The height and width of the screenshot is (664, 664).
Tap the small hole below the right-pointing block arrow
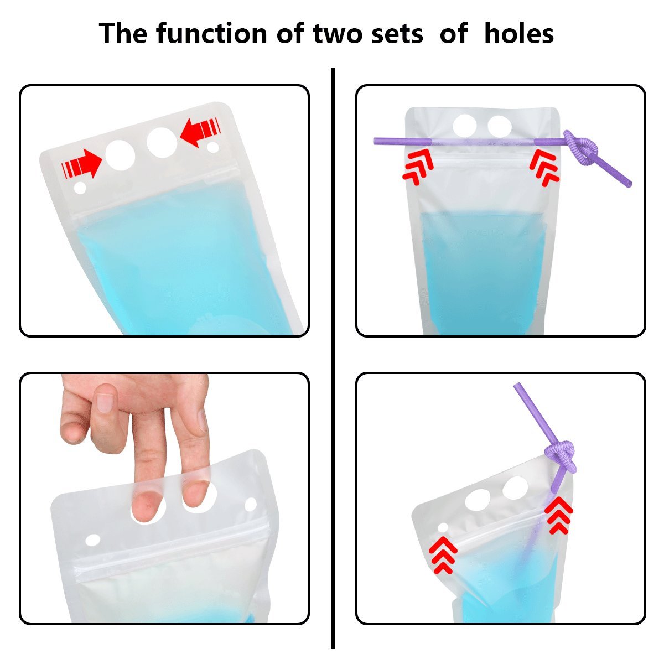pyautogui.click(x=80, y=188)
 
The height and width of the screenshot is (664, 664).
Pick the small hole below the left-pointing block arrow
pyautogui.click(x=212, y=148)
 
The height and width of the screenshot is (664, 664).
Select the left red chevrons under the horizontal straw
pyautogui.click(x=417, y=165)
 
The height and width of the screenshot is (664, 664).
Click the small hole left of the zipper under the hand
pyautogui.click(x=92, y=539)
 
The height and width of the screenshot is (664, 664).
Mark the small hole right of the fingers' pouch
pyautogui.click(x=250, y=504)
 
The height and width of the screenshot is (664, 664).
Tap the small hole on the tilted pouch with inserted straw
pyautogui.click(x=443, y=527)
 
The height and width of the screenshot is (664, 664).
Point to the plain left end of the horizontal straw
pyautogui.click(x=382, y=141)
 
